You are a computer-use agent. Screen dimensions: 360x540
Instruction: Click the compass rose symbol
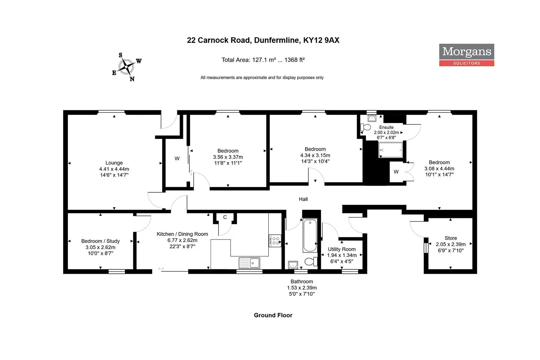click(126, 67)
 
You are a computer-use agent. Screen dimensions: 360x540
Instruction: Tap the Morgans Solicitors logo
click(466, 55)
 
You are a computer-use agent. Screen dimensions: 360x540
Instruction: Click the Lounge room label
click(114, 163)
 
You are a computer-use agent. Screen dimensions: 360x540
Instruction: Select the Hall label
click(303, 199)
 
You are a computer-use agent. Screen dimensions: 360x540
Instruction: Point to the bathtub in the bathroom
click(310, 235)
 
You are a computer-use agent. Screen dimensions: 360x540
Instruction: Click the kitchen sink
click(249, 263)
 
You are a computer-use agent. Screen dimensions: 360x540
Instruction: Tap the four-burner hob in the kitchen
click(275, 241)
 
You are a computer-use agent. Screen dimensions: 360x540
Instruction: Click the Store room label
click(451, 238)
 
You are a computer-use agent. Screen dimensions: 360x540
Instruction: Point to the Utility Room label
click(342, 249)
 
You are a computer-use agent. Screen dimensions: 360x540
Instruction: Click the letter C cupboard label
click(225, 217)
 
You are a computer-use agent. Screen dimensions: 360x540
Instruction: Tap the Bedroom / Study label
click(100, 241)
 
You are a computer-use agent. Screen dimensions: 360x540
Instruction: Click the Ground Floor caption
click(273, 315)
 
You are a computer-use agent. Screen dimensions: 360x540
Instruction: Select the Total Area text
click(263, 60)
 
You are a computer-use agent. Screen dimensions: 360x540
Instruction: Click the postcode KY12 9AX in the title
click(321, 40)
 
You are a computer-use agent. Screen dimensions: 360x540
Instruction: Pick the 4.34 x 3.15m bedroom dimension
click(315, 155)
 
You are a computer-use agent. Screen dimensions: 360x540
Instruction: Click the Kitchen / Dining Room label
click(182, 234)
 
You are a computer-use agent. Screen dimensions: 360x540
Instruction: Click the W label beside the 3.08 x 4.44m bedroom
click(396, 172)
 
